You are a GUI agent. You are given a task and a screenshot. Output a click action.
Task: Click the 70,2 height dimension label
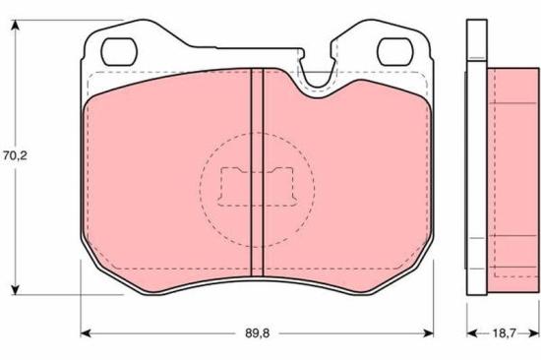pyautogui.click(x=15, y=156)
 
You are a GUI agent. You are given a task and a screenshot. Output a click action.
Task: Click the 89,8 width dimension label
pyautogui.click(x=257, y=333)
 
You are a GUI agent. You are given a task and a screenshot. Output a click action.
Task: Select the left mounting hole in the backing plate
pyautogui.click(x=119, y=52)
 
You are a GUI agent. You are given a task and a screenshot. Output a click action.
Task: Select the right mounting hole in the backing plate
pyautogui.click(x=395, y=52)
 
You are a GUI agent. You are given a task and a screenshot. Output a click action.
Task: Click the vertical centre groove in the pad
pyautogui.click(x=257, y=172)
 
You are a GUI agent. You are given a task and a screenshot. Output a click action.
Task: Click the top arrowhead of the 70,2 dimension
pyautogui.click(x=15, y=25)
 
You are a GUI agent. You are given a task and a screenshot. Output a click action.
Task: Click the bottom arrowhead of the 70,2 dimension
pyautogui.click(x=15, y=290)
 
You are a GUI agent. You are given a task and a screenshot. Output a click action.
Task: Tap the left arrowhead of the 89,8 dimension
pyautogui.click(x=86, y=333)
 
